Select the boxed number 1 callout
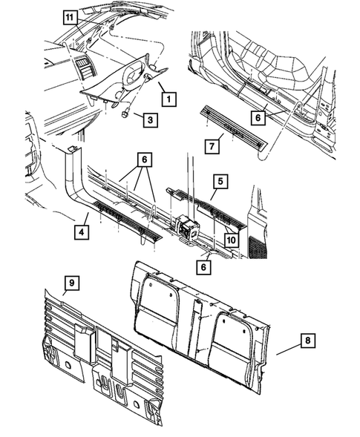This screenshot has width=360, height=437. (169, 97)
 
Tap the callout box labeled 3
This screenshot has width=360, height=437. (149, 119)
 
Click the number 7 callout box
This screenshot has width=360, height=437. (211, 146)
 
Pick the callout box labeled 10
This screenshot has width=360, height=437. (231, 240)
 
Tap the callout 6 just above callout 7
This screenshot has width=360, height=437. (256, 117)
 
